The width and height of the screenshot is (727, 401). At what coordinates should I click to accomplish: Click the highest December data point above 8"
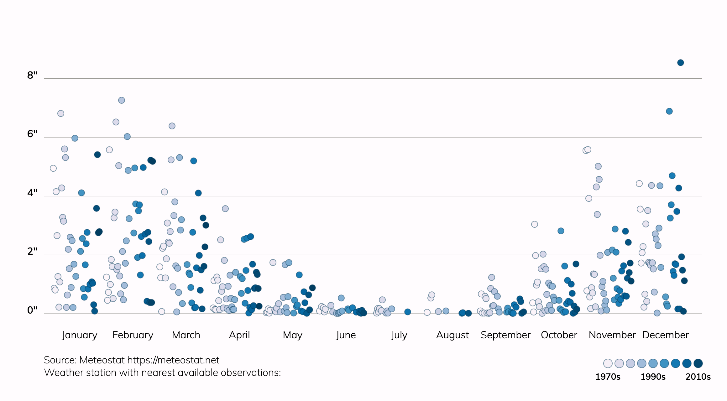point(680,63)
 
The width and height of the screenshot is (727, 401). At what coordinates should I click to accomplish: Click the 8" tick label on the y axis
point(32,75)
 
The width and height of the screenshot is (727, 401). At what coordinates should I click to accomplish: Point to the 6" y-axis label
point(32,134)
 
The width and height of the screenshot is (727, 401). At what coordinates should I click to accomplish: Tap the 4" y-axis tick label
point(32,193)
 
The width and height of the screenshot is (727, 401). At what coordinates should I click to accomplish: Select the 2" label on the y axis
point(32,251)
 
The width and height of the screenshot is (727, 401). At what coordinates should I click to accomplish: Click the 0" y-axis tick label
point(32,310)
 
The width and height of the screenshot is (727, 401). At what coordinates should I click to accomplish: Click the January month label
point(80,335)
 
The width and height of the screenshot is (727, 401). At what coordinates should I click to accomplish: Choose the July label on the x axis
point(399,335)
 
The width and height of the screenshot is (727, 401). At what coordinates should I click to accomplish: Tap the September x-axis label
point(505,335)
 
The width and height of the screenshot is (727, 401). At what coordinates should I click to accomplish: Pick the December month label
point(665,335)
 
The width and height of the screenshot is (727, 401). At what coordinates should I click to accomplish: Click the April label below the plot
point(239,335)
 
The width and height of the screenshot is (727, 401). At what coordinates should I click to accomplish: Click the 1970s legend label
point(608,377)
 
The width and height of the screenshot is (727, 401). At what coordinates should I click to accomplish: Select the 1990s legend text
point(653,377)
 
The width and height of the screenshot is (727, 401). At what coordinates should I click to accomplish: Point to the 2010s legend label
point(698,377)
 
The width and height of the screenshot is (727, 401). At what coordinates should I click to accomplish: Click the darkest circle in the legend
point(698,363)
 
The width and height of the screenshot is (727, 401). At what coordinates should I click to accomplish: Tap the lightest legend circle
point(608,363)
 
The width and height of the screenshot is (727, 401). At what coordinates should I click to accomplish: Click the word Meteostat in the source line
point(102,360)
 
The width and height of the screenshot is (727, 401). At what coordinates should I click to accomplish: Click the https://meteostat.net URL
point(173,360)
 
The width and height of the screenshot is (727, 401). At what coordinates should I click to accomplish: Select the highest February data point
point(122,100)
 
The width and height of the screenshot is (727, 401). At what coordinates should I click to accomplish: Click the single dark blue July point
point(407,312)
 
